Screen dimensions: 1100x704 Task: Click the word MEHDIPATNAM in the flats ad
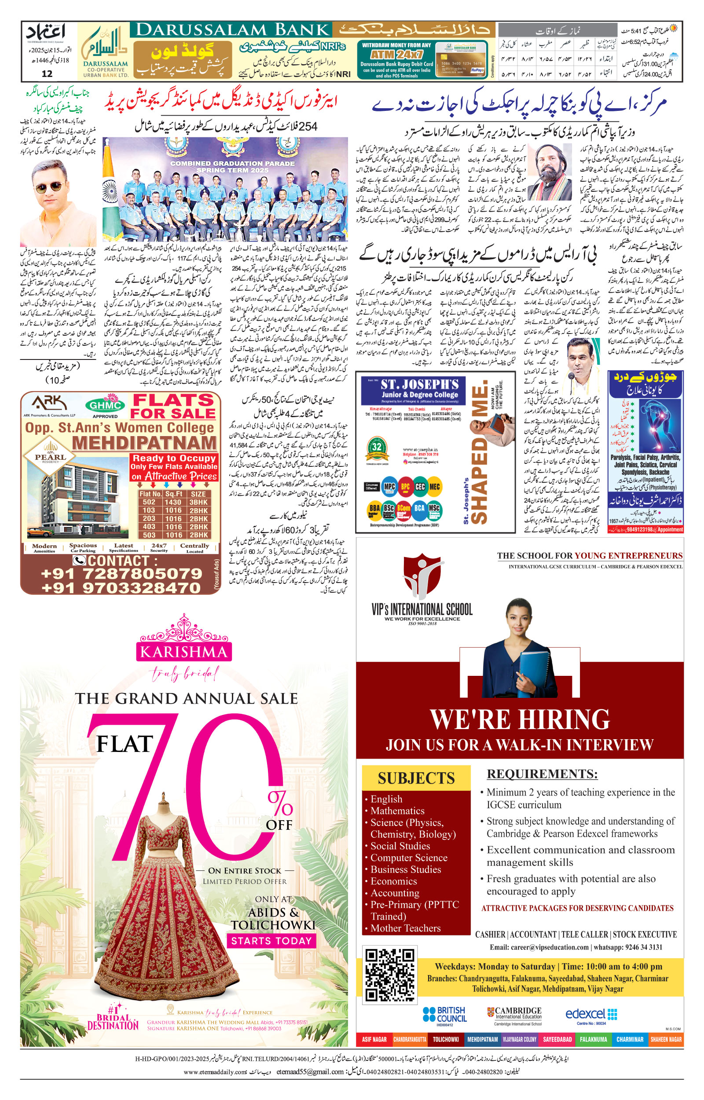(x=144, y=443)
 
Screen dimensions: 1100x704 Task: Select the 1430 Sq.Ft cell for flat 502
(x=173, y=502)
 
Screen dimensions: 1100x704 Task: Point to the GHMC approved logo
(x=105, y=404)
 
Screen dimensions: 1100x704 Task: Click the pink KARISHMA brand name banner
(x=183, y=651)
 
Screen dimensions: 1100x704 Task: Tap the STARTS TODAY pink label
(x=271, y=941)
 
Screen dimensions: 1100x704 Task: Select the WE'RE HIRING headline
(x=520, y=719)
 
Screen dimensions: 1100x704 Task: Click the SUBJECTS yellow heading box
(x=416, y=778)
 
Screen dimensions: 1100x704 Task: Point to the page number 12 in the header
(x=47, y=73)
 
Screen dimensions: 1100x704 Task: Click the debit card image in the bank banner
(x=460, y=60)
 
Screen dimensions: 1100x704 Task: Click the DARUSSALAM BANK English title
(x=233, y=30)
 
